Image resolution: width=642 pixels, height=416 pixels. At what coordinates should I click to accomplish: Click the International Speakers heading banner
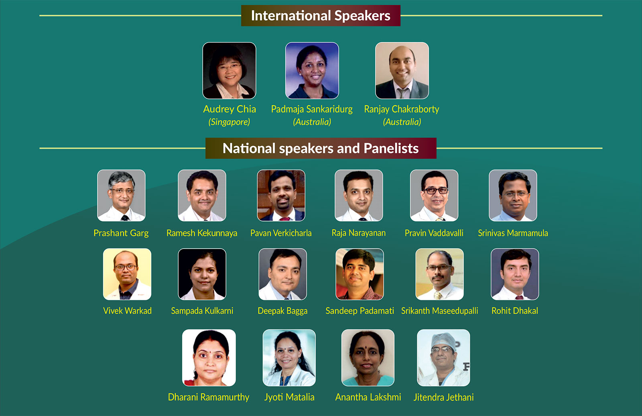click(321, 16)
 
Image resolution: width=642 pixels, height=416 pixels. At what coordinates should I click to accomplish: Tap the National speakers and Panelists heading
click(321, 148)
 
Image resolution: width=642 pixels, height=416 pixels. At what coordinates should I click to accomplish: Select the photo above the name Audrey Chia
click(229, 71)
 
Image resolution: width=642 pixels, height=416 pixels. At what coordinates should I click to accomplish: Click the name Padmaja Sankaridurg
click(312, 109)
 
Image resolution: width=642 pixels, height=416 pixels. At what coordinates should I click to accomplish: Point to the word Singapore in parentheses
click(229, 122)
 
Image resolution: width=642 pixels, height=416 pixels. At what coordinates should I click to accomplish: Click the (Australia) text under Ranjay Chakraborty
click(402, 122)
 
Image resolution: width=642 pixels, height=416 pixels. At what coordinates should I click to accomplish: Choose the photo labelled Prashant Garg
click(121, 196)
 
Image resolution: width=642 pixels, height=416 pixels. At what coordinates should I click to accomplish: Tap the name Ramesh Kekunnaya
click(202, 233)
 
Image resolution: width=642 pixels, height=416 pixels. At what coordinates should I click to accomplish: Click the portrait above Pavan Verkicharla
click(281, 196)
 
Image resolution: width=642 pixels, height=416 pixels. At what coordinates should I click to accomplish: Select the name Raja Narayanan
click(359, 233)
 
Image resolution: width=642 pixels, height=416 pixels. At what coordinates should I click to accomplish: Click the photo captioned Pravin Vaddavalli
click(434, 196)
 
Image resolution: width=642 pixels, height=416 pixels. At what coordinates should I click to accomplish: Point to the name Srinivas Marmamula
click(513, 233)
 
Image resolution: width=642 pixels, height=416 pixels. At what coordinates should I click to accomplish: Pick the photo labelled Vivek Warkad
click(127, 274)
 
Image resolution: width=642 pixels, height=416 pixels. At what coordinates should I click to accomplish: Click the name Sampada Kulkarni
click(202, 311)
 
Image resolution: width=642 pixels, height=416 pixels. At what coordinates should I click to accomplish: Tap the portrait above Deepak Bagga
click(282, 274)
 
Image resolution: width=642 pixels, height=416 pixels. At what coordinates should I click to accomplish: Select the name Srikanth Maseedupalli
click(440, 311)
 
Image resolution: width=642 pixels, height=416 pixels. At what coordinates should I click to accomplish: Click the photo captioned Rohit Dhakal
click(515, 274)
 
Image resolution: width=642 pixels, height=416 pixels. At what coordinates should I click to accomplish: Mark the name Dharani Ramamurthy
click(209, 397)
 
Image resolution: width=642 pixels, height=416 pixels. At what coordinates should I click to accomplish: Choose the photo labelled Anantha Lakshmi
click(368, 358)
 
